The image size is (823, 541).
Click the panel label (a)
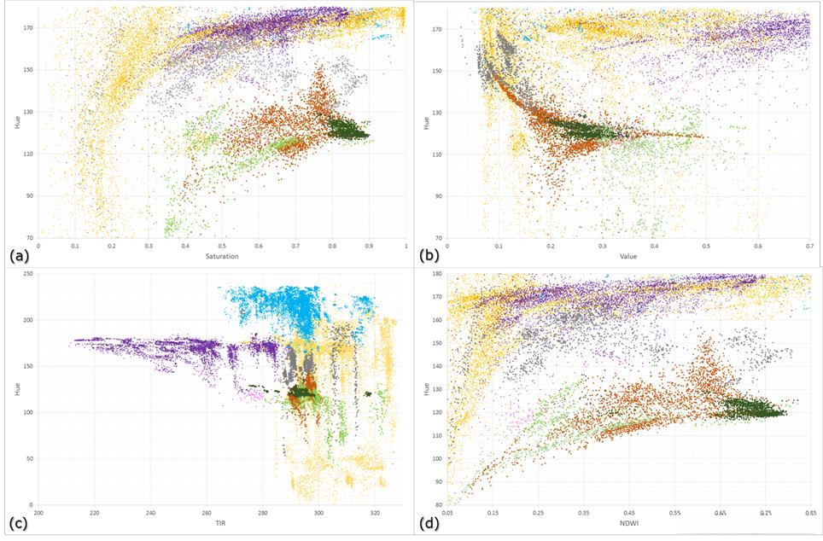19,255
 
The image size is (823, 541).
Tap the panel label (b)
429,255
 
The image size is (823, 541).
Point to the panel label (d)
429,521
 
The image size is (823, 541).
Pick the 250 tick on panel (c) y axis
31,274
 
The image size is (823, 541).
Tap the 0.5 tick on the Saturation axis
222,246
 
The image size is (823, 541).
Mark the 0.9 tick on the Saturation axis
369,246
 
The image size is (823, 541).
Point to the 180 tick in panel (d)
437,275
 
